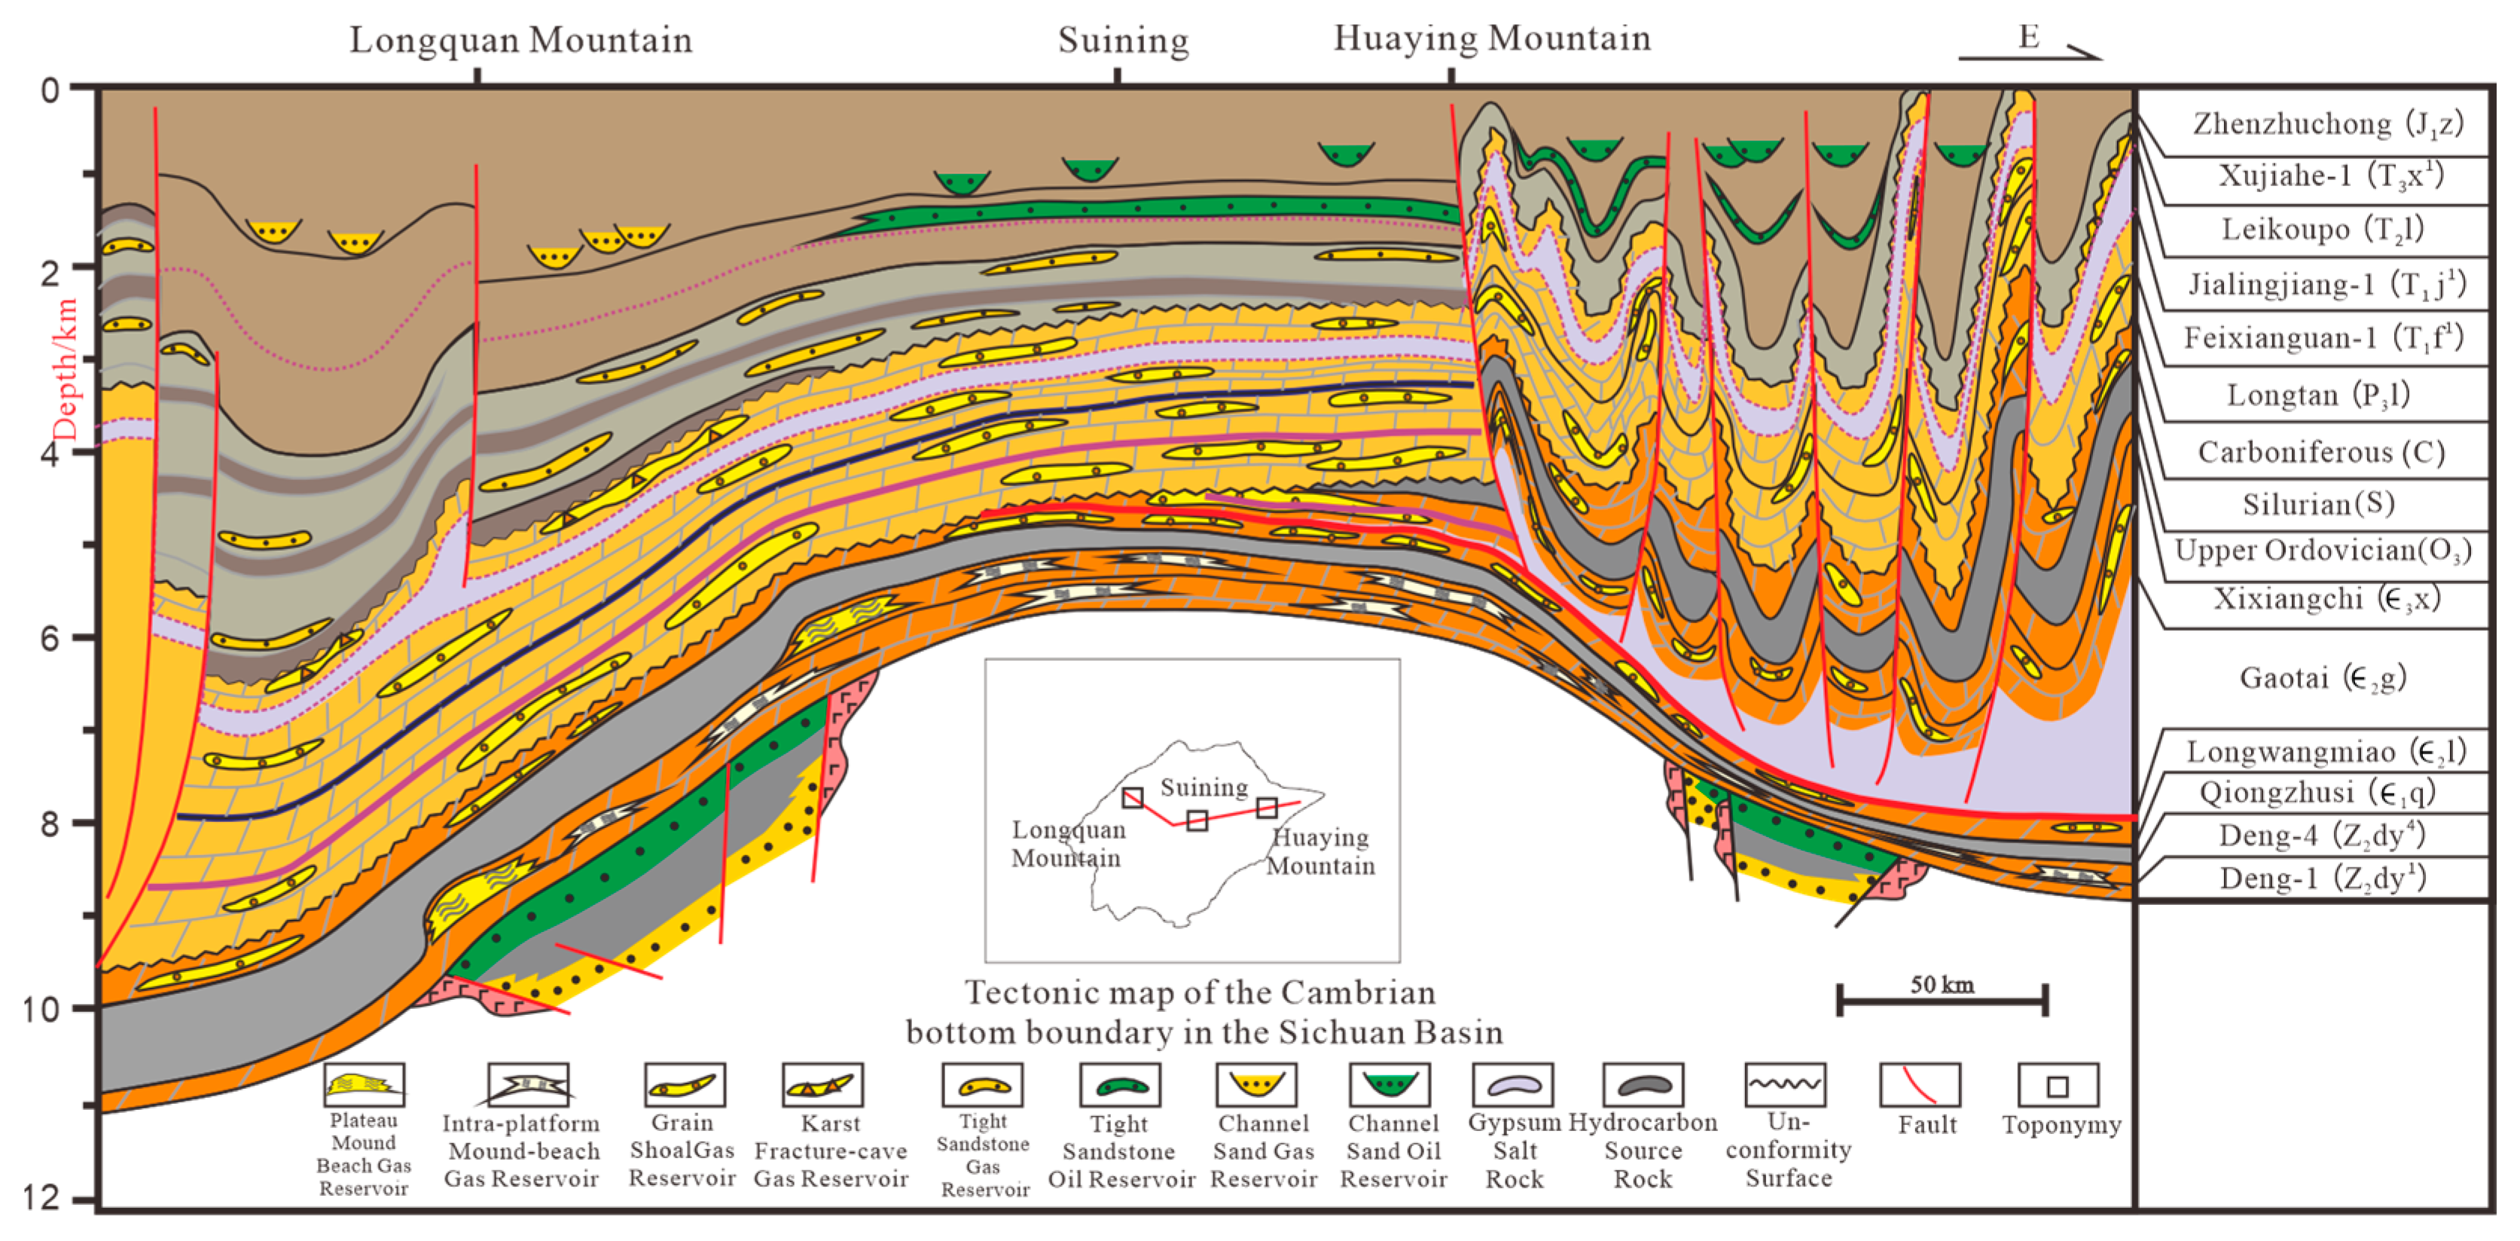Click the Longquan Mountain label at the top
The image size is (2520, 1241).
click(520, 40)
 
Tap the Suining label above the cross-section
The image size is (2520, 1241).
click(1123, 40)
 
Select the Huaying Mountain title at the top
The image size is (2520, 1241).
click(1492, 38)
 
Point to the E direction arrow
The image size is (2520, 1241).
click(2030, 47)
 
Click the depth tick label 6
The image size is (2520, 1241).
click(49, 638)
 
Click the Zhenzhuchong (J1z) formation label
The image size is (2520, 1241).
click(2327, 124)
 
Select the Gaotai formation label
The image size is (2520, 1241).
click(2323, 677)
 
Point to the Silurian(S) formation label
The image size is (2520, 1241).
click(2318, 504)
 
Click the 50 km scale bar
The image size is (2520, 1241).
click(1942, 1000)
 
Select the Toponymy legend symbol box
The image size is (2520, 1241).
click(2058, 1085)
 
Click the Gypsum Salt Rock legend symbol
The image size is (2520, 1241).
click(1512, 1085)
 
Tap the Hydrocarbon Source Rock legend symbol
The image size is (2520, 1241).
click(1643, 1085)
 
